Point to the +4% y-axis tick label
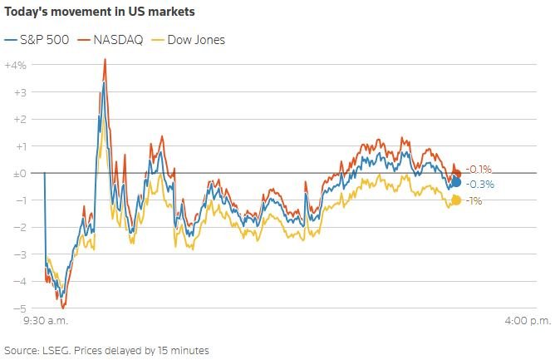pyautogui.click(x=16, y=65)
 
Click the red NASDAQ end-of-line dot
pyautogui.click(x=455, y=173)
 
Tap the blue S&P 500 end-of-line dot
pyautogui.click(x=456, y=182)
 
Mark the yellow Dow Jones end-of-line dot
pyautogui.click(x=456, y=200)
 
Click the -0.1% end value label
pyautogui.click(x=479, y=169)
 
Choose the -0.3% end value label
pyautogui.click(x=481, y=184)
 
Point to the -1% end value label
pyautogui.click(x=474, y=200)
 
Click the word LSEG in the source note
pyautogui.click(x=57, y=350)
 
